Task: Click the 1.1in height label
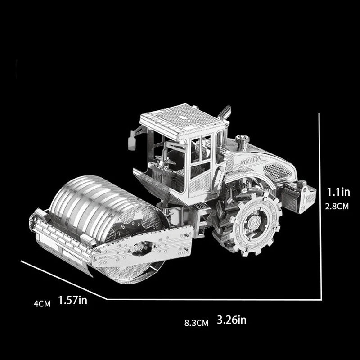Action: [338, 193]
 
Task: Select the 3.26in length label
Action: [231, 320]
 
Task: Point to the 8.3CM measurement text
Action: [196, 323]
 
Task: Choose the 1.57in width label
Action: [73, 300]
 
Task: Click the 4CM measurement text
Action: [42, 303]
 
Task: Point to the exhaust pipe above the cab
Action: [224, 112]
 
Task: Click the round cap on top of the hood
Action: [242, 138]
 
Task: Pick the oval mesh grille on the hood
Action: [276, 171]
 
